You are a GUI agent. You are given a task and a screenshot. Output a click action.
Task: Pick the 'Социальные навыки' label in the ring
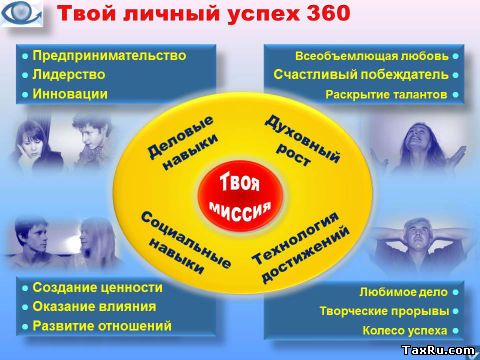click(x=174, y=241)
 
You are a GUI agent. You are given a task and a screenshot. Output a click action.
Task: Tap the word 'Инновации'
click(x=69, y=94)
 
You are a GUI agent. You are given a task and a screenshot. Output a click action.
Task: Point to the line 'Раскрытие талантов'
click(x=385, y=95)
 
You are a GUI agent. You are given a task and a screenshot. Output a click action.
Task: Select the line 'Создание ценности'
click(x=96, y=288)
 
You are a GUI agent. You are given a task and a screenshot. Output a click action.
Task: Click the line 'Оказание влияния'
click(x=93, y=307)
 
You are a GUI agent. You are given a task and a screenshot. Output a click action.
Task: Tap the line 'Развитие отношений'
click(x=101, y=326)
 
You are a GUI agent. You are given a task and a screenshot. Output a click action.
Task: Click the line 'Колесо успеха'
click(x=404, y=329)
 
